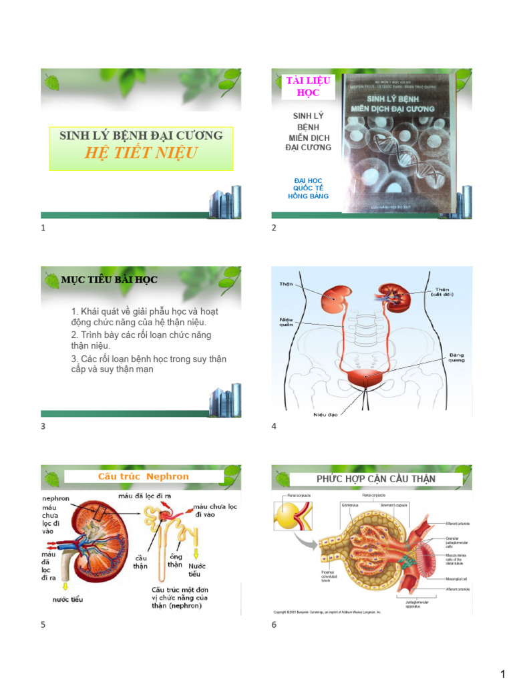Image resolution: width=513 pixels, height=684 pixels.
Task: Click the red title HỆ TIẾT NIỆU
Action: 140,153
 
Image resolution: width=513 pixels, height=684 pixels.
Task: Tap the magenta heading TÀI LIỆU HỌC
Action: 303,87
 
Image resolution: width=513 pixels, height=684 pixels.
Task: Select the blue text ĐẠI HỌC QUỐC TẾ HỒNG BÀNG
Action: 308,188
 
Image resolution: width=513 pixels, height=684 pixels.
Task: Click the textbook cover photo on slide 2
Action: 398,143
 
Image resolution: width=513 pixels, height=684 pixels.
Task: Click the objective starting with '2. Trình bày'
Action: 141,340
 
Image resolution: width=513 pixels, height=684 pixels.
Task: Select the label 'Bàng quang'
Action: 457,357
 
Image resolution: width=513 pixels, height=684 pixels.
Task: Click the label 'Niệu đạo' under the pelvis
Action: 326,415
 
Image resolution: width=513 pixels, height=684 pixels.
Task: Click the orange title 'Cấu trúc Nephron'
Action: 143,476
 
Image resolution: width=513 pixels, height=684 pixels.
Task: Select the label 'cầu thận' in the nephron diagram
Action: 140,562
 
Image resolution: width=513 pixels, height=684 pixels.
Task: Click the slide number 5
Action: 43,625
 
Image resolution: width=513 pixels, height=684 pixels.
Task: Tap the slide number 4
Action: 274,426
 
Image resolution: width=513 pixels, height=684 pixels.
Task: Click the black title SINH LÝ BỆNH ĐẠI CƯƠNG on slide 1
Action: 141,136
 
